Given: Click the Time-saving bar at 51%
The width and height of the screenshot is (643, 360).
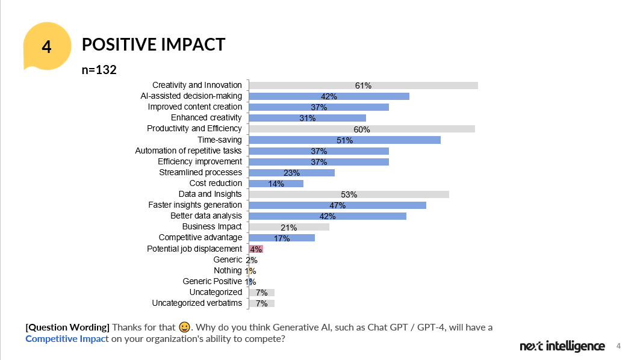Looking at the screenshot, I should click(344, 140).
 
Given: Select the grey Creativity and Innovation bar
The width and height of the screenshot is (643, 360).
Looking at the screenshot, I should click(363, 85).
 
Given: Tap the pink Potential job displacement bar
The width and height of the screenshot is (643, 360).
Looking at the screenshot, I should click(256, 249).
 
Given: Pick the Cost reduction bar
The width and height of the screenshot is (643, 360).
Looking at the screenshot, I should click(276, 183).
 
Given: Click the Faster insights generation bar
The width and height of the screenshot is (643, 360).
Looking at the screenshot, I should click(337, 205).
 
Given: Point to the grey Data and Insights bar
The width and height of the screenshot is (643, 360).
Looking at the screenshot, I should click(349, 194).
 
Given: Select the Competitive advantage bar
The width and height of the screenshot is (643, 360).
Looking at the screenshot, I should click(282, 238).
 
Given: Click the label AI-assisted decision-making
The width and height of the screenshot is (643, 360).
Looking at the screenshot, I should click(191, 96).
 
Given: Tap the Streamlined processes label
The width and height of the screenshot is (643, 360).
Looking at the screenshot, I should click(200, 172).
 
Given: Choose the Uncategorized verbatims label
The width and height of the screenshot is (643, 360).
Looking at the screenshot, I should click(196, 303).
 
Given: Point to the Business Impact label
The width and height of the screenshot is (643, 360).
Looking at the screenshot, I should click(211, 226).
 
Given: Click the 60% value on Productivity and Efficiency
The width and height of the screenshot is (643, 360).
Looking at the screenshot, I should click(362, 129).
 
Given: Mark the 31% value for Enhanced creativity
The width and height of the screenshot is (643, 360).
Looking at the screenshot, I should click(307, 118).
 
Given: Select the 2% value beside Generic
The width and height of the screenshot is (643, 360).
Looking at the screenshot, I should click(252, 260).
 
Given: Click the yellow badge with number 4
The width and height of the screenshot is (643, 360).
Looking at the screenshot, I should click(46, 46).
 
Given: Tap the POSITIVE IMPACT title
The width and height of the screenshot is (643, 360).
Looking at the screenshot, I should click(153, 45).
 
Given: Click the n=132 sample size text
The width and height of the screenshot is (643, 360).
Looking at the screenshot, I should click(99, 70).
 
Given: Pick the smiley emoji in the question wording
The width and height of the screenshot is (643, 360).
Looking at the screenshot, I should click(184, 327).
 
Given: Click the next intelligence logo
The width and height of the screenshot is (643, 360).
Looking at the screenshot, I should click(562, 346).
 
